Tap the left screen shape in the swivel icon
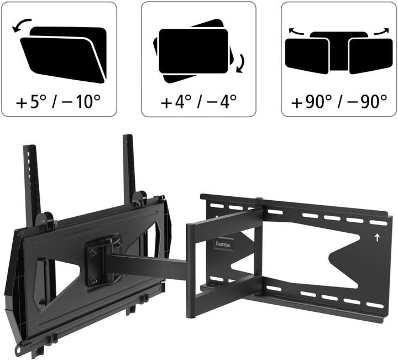306,56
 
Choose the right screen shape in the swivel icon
371,56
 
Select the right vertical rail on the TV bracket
129,166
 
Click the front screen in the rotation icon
193,51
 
